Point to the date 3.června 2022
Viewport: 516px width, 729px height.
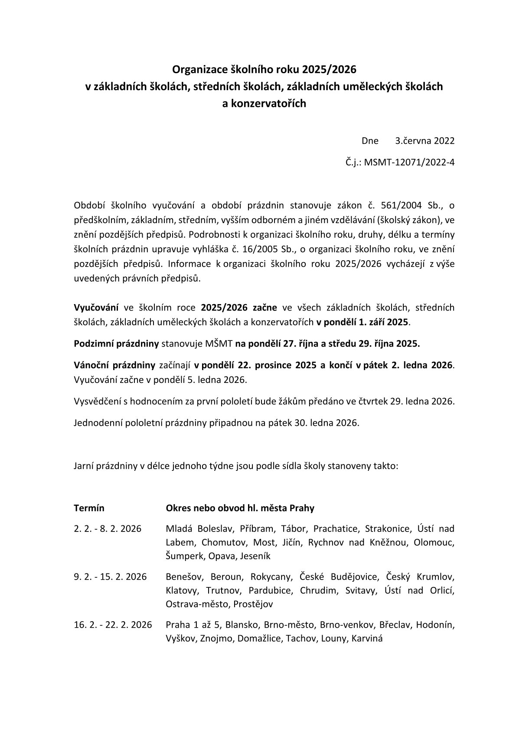click(425, 141)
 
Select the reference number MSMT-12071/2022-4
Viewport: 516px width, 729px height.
click(409, 162)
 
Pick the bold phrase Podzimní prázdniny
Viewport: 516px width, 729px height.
click(117, 344)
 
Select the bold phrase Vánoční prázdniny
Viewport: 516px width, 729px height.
click(114, 365)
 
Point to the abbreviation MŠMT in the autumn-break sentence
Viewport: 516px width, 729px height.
click(220, 344)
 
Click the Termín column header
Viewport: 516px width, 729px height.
click(89, 508)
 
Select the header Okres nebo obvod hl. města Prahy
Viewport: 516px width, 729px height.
click(240, 508)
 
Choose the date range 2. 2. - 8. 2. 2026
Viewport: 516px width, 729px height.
click(108, 529)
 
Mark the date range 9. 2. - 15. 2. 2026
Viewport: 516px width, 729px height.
click(110, 577)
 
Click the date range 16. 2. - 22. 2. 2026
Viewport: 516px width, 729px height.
click(113, 625)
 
